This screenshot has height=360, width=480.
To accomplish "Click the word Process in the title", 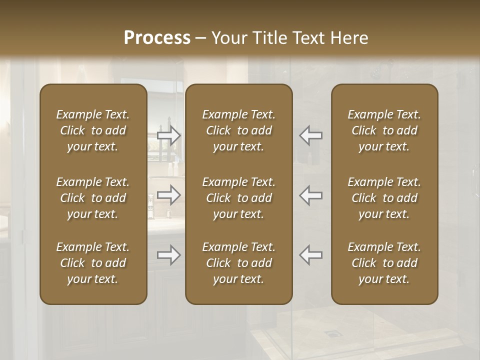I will tap(157, 37).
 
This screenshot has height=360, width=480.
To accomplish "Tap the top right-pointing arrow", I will tap(169, 135).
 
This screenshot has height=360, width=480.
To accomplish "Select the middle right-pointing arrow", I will tap(169, 195).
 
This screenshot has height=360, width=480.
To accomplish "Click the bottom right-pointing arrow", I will tap(169, 255).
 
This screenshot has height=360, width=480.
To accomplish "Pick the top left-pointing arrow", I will tap(311, 135).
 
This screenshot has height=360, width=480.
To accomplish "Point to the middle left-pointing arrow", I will tap(311, 195).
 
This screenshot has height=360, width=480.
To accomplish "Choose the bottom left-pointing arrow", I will tap(311, 255).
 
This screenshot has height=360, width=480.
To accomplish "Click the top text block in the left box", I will tap(93, 130).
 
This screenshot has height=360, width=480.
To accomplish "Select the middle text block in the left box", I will tap(93, 198).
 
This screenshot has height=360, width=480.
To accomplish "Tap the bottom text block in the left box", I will tap(93, 263).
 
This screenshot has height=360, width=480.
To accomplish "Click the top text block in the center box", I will tap(238, 130).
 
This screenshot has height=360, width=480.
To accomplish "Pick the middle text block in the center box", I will tap(238, 198).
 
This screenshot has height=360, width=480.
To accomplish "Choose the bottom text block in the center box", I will tap(238, 263).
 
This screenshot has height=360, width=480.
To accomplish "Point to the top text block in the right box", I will tap(384, 130).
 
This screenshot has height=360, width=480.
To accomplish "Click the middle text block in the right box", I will tap(384, 198).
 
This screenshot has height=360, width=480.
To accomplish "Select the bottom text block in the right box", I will tap(384, 263).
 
